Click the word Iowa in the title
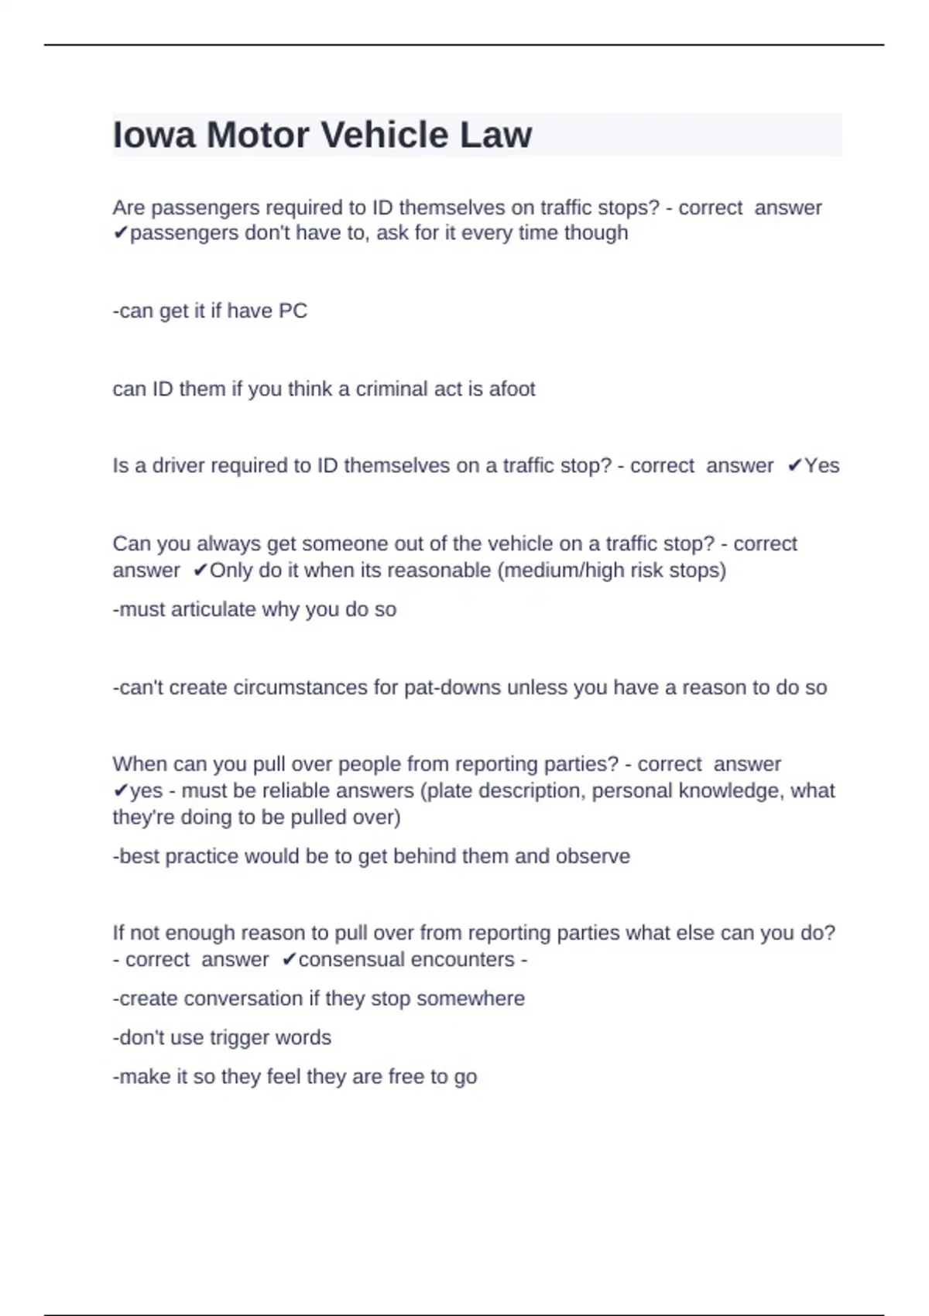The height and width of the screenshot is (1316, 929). [153, 135]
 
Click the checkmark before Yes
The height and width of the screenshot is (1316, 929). [794, 466]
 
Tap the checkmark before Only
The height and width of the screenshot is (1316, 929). [201, 571]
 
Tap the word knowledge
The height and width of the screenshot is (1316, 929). [729, 791]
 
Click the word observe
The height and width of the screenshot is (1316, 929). [593, 856]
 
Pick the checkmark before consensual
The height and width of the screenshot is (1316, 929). [289, 960]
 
